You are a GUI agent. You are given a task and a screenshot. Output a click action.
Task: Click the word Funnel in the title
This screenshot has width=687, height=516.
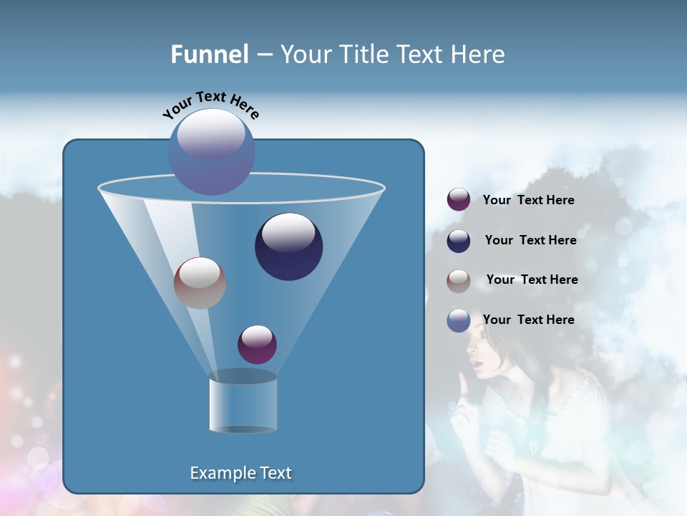tap(209, 54)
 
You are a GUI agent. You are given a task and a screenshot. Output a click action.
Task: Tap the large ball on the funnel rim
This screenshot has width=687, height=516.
tap(212, 151)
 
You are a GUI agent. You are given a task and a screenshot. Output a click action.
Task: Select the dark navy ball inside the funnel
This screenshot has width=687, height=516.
tap(289, 247)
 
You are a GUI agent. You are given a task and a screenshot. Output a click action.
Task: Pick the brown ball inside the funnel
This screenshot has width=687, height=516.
tap(200, 282)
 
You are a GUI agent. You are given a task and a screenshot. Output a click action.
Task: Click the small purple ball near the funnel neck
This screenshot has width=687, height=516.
tap(257, 344)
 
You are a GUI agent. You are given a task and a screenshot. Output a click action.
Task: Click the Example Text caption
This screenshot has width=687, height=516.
tap(240, 473)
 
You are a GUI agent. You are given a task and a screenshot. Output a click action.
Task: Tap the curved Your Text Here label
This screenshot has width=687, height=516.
tap(210, 105)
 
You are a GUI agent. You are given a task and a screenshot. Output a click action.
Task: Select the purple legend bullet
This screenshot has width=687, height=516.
tap(458, 200)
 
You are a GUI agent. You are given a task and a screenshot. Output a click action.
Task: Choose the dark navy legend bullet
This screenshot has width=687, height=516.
tap(458, 241)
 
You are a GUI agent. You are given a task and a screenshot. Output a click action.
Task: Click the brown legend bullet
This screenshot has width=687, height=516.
tap(458, 280)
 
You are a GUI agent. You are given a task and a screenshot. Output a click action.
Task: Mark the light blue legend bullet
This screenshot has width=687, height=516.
tap(458, 320)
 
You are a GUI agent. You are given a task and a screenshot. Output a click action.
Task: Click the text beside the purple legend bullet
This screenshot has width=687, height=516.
tap(528, 201)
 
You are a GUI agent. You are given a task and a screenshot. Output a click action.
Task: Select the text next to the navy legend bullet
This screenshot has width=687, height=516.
tap(530, 241)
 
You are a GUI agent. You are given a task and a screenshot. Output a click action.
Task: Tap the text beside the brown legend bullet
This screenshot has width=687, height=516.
tap(532, 280)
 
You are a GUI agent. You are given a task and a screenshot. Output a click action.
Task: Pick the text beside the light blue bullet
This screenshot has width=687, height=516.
tap(528, 320)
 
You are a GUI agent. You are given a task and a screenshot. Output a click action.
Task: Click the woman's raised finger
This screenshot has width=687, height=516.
tap(464, 388)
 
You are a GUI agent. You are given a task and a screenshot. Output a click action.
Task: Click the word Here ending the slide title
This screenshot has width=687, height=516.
tap(481, 54)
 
